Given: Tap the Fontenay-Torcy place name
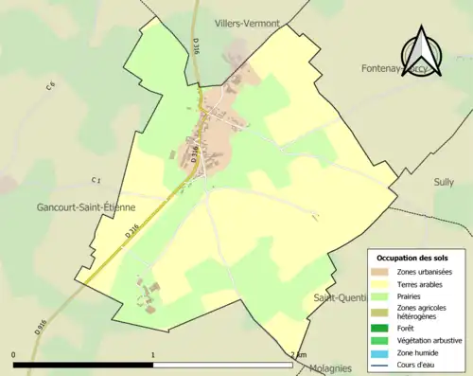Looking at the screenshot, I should click(397, 69).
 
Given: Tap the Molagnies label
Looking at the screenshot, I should click(326, 368).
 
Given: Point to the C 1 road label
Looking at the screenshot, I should click(96, 180).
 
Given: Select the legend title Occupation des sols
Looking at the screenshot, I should click(412, 258).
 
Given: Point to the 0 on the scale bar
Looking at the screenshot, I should click(14, 355).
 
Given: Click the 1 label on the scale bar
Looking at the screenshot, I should click(153, 355).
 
